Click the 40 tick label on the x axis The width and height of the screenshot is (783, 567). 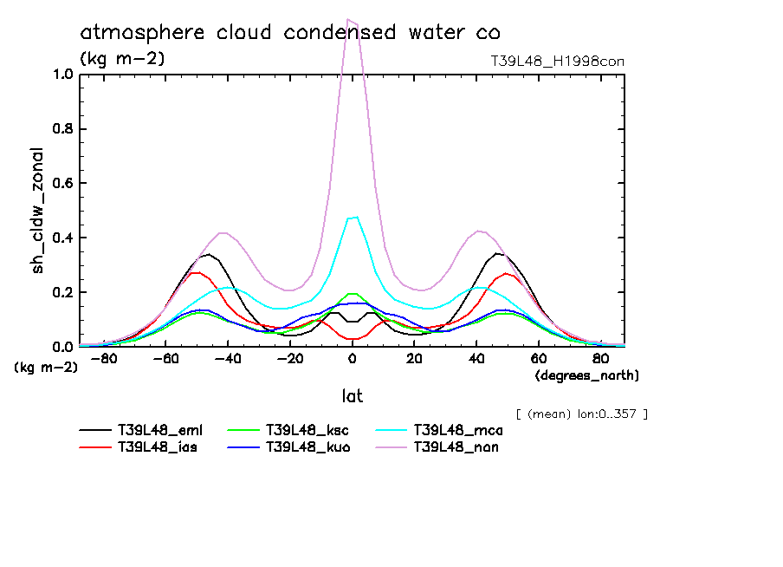click(476, 360)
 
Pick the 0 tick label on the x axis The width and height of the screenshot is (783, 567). click(353, 360)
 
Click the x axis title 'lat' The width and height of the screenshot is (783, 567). click(352, 396)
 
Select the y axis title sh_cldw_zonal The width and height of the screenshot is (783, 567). click(38, 211)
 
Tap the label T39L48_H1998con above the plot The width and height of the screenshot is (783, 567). click(557, 61)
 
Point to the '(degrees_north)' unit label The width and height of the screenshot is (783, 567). click(587, 375)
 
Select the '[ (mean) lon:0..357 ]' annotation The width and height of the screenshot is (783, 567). click(581, 414)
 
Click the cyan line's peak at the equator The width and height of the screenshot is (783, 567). click(355, 217)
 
